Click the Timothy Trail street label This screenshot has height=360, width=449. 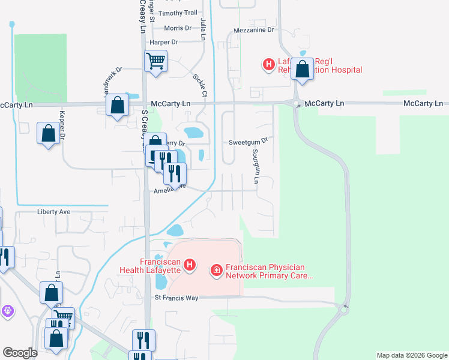point(178,13)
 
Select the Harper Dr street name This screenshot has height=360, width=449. point(164,42)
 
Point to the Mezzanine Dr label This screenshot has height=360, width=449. point(253,29)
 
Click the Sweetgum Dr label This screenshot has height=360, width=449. point(247,142)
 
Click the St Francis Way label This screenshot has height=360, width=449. point(176,298)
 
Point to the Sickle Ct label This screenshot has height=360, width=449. point(200,85)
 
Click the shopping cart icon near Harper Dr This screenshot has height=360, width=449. point(155,61)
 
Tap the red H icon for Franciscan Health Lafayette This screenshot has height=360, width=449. point(190,265)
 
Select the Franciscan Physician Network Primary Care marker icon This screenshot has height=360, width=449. point(217,272)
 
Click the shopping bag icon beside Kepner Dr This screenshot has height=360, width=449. point(48,133)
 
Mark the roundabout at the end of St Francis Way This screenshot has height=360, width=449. point(344,309)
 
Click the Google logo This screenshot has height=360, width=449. point(20,353)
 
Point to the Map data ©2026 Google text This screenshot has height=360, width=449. point(411,355)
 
